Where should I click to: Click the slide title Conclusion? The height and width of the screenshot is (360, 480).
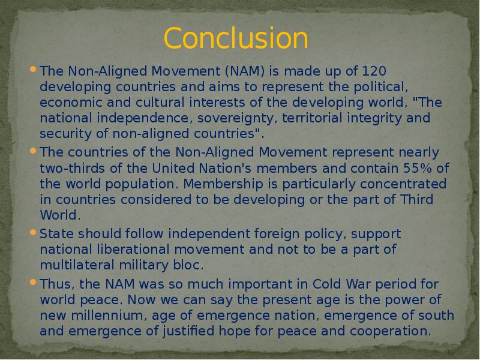point(236,38)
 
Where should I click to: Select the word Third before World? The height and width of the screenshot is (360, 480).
point(416,199)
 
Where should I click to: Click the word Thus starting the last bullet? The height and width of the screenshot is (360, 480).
point(55,283)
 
